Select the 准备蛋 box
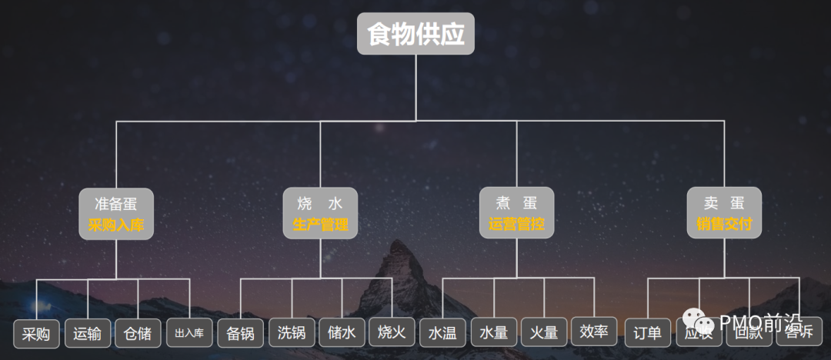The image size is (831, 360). [116, 204]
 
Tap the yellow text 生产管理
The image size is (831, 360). [320, 225]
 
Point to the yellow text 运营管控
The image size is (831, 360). [516, 225]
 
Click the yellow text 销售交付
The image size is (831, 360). [724, 225]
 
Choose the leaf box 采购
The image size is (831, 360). [36, 334]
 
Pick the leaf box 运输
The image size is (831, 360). [87, 334]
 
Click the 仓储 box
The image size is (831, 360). [138, 334]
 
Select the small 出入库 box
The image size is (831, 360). [189, 334]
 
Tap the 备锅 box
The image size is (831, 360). [240, 333]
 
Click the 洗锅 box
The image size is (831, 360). [292, 333]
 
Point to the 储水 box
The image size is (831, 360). [342, 333]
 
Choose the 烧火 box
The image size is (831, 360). [392, 333]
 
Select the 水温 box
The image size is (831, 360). [442, 333]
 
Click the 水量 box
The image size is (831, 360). [493, 333]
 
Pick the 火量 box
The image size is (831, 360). [544, 333]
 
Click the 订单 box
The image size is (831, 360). [647, 333]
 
